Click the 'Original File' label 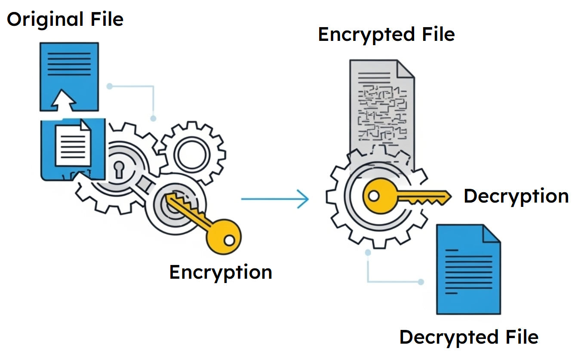click(x=65, y=20)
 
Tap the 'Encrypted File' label click(x=386, y=35)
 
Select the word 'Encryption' click(x=221, y=272)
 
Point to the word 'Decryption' click(x=516, y=197)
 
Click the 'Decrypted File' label click(x=469, y=337)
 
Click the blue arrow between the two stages click(x=275, y=199)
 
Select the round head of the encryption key click(x=224, y=237)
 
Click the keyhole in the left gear click(x=119, y=169)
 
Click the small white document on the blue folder click(x=73, y=143)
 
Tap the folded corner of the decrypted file click(x=491, y=234)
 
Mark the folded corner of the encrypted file click(x=404, y=69)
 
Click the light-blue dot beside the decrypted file click(x=421, y=282)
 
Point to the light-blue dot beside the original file click(x=110, y=86)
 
